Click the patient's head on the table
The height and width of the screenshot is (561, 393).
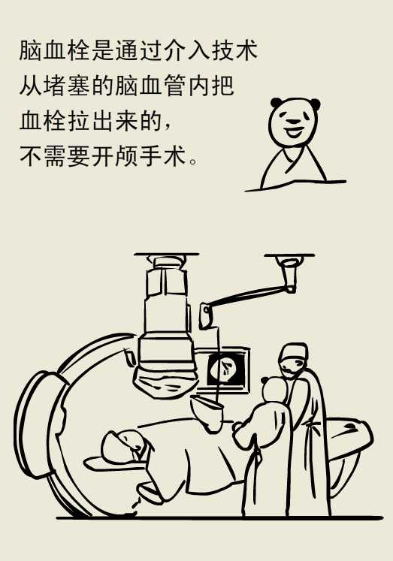click(124, 445)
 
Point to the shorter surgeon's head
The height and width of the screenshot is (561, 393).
click(274, 390)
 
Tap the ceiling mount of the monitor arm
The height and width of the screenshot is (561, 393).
click(289, 259)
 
